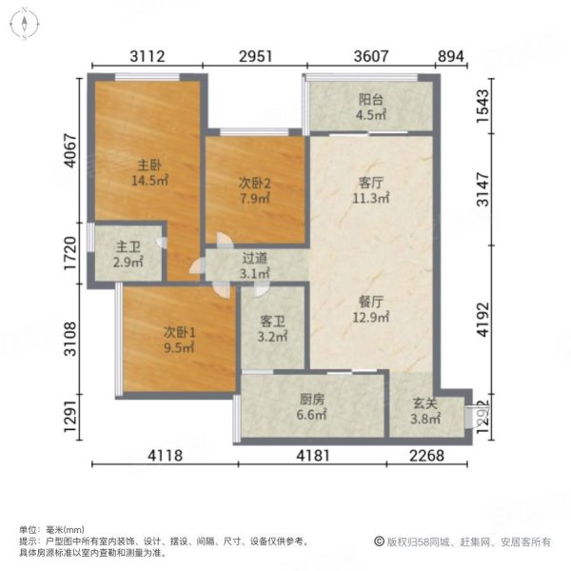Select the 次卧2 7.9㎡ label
[253, 192]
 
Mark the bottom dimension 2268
[426, 455]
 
